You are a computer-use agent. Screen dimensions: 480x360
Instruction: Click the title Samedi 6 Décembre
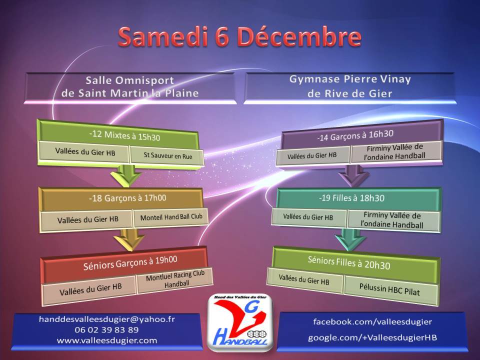(x=239, y=37)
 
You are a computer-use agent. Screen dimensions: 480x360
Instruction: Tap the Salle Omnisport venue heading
(x=130, y=86)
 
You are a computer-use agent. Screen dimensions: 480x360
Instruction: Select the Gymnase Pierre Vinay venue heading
(x=350, y=86)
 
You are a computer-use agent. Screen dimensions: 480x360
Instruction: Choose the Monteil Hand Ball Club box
(x=171, y=217)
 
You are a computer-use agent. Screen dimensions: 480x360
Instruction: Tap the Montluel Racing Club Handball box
(x=175, y=279)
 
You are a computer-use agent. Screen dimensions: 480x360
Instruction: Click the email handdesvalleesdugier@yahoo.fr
(x=107, y=319)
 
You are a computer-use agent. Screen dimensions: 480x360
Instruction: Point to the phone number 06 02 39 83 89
(x=106, y=330)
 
